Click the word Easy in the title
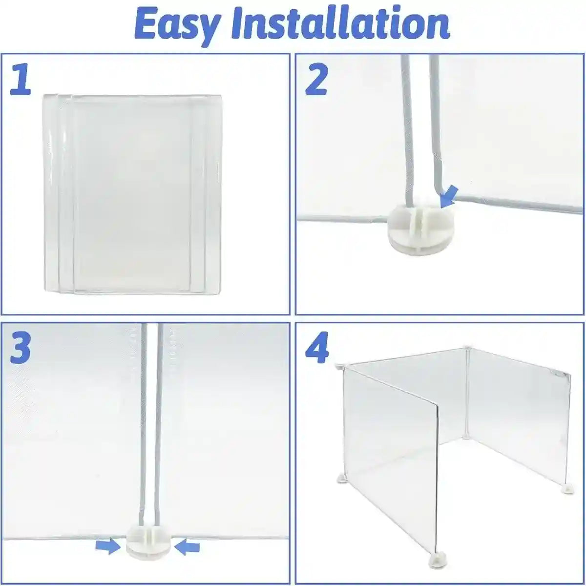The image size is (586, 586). pyautogui.click(x=173, y=24)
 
